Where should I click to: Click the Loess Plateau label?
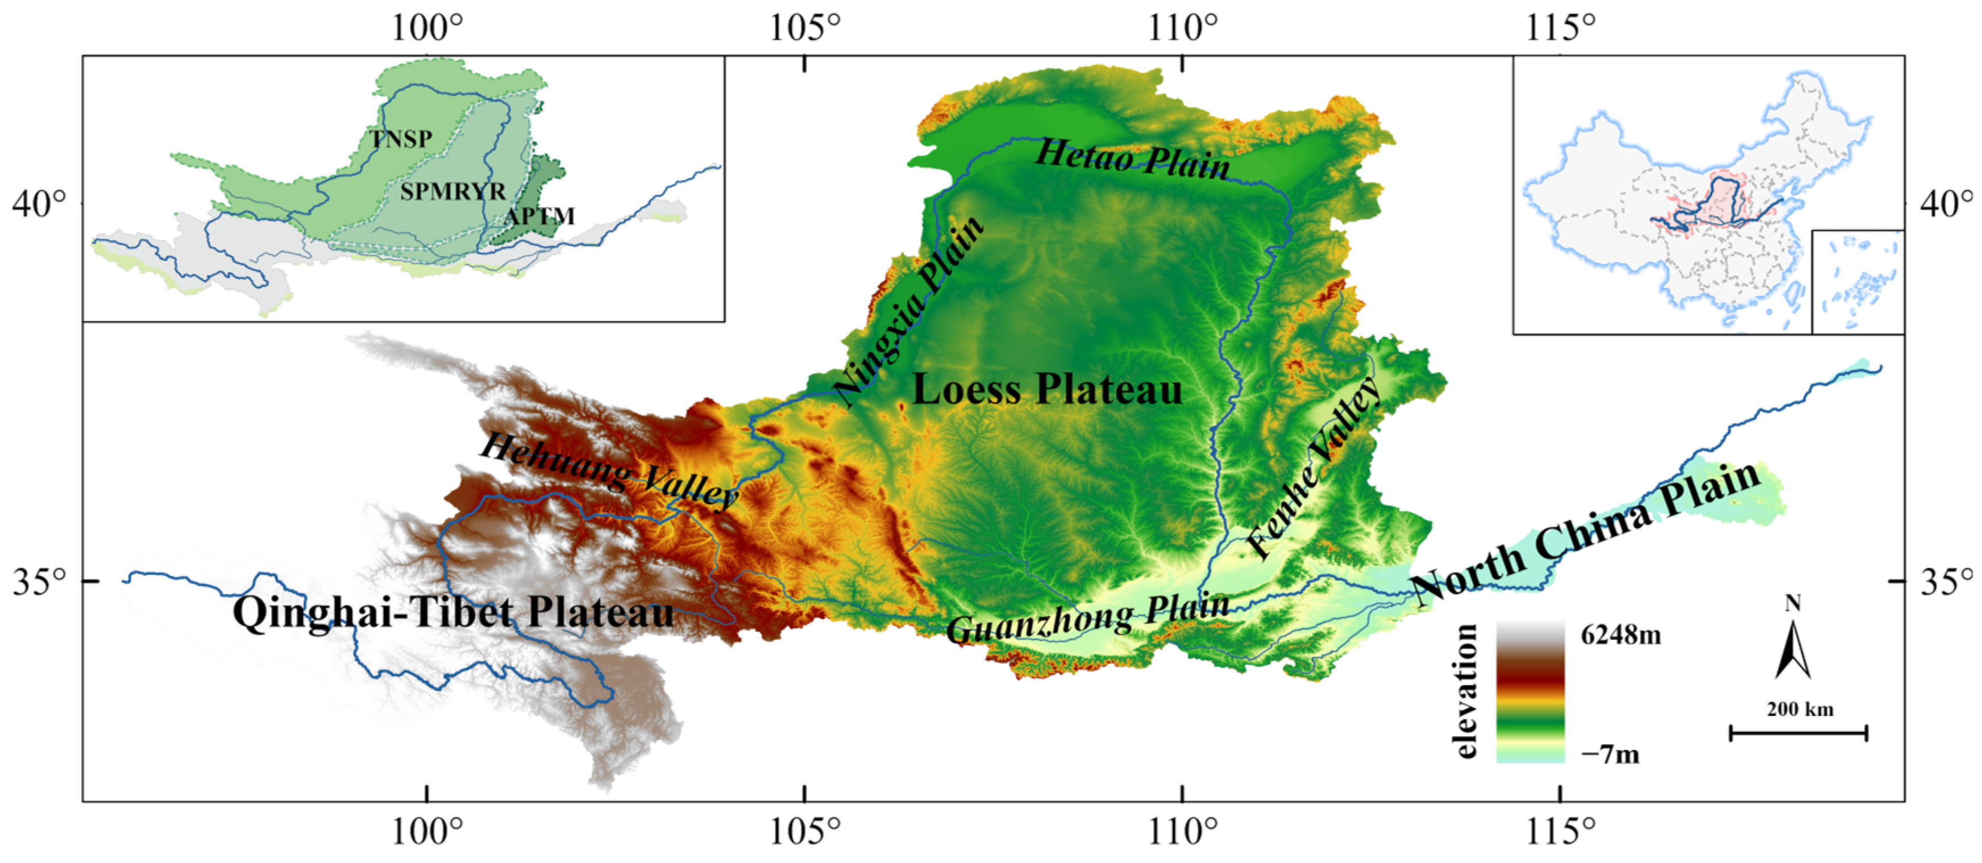[x=1046, y=389]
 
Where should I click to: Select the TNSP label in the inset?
[x=401, y=139]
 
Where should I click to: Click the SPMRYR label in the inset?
[x=453, y=191]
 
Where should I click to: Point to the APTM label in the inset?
[x=539, y=216]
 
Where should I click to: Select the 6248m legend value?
[x=1620, y=635]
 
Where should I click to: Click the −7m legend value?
[x=1610, y=754]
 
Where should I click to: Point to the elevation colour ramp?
[x=1530, y=692]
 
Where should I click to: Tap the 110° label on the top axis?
[x=1183, y=28]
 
